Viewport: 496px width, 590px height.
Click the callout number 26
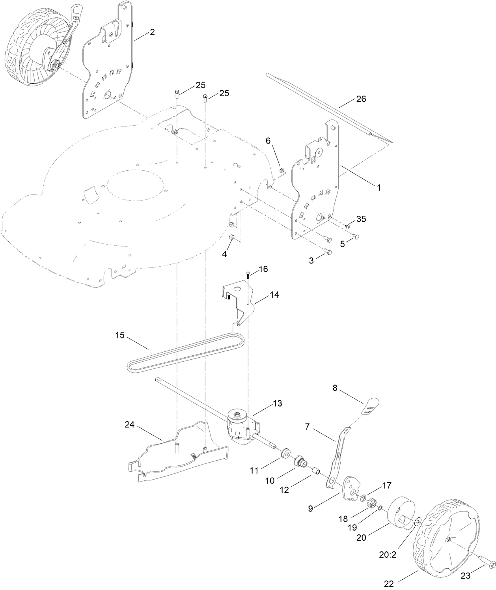tap(361, 99)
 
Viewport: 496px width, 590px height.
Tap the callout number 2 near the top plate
tap(152, 32)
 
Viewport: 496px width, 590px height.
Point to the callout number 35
tap(361, 219)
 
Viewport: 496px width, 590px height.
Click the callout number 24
tap(130, 425)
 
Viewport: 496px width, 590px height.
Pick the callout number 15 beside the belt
tap(120, 335)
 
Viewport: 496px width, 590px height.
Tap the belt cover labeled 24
tap(177, 457)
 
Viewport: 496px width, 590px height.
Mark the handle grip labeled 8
tap(371, 405)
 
